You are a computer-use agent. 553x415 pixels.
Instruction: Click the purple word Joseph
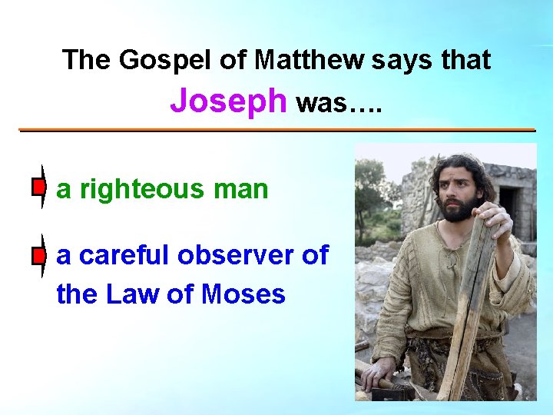[x=228, y=101]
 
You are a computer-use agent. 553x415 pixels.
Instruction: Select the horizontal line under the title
[x=276, y=130]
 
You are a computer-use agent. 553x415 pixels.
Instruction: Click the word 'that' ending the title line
[x=465, y=59]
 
